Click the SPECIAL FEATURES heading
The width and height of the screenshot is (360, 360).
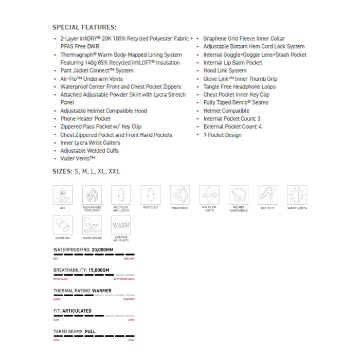84,27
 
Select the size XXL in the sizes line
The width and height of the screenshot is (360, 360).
114,171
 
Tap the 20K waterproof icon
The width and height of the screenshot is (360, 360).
63,195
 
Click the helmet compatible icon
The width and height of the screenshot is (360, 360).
239,195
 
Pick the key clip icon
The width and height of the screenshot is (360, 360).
268,195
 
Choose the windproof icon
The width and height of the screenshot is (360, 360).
180,195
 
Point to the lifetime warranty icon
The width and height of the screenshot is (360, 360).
121,225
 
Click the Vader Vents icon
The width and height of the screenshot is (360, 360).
297,195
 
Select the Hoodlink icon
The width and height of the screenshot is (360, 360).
63,225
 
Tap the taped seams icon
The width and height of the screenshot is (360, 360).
92,225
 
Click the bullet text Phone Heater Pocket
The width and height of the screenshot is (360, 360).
85,119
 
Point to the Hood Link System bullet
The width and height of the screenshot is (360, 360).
225,70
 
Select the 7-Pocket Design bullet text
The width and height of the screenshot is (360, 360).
222,135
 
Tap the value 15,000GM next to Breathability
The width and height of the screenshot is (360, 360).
98,270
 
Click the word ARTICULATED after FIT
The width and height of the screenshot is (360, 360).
77,311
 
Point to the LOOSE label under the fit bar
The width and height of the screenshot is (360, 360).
131,320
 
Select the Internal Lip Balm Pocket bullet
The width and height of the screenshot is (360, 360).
232,63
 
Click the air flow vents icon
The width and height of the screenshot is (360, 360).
209,195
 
